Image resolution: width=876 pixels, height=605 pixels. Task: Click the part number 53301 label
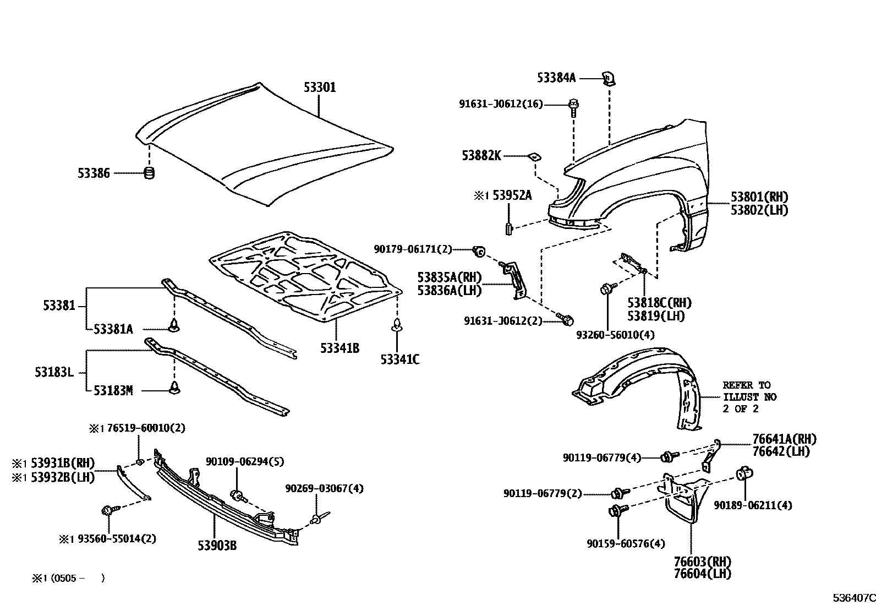(x=319, y=88)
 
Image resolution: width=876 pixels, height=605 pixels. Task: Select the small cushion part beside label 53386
(x=149, y=173)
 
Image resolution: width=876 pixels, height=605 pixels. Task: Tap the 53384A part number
(x=556, y=78)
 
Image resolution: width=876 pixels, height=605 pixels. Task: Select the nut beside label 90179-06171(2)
(x=478, y=252)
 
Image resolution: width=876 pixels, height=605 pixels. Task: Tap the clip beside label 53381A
(x=175, y=326)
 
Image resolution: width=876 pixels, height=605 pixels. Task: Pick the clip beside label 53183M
(x=175, y=388)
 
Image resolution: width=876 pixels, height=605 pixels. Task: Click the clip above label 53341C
(x=397, y=326)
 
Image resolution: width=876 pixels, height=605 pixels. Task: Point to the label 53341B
(x=340, y=348)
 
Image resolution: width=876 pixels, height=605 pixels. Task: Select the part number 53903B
(x=217, y=545)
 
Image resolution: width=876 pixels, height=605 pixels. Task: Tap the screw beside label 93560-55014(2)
(x=108, y=511)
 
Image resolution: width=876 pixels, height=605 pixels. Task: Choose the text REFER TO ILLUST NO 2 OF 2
(x=749, y=397)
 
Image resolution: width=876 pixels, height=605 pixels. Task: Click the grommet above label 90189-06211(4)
(x=744, y=473)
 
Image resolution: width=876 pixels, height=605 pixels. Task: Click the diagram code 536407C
(x=853, y=598)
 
